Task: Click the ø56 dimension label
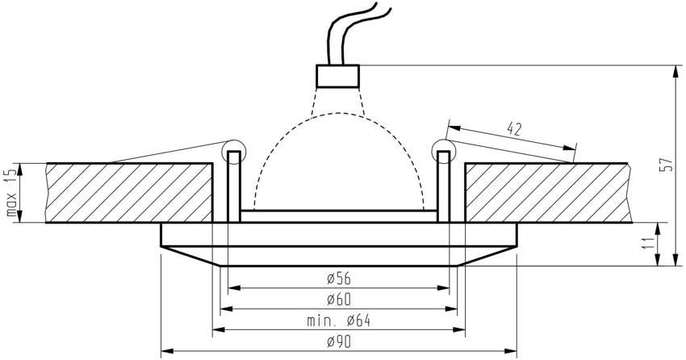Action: pyautogui.click(x=339, y=278)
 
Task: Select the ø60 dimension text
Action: pyautogui.click(x=339, y=299)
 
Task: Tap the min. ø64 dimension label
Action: pyautogui.click(x=339, y=321)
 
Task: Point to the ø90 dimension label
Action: pyautogui.click(x=339, y=342)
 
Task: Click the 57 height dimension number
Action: pyautogui.click(x=667, y=165)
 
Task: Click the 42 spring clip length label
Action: pyautogui.click(x=515, y=128)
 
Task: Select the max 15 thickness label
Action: pyautogui.click(x=12, y=191)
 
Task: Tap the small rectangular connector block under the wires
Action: pyautogui.click(x=337, y=76)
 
